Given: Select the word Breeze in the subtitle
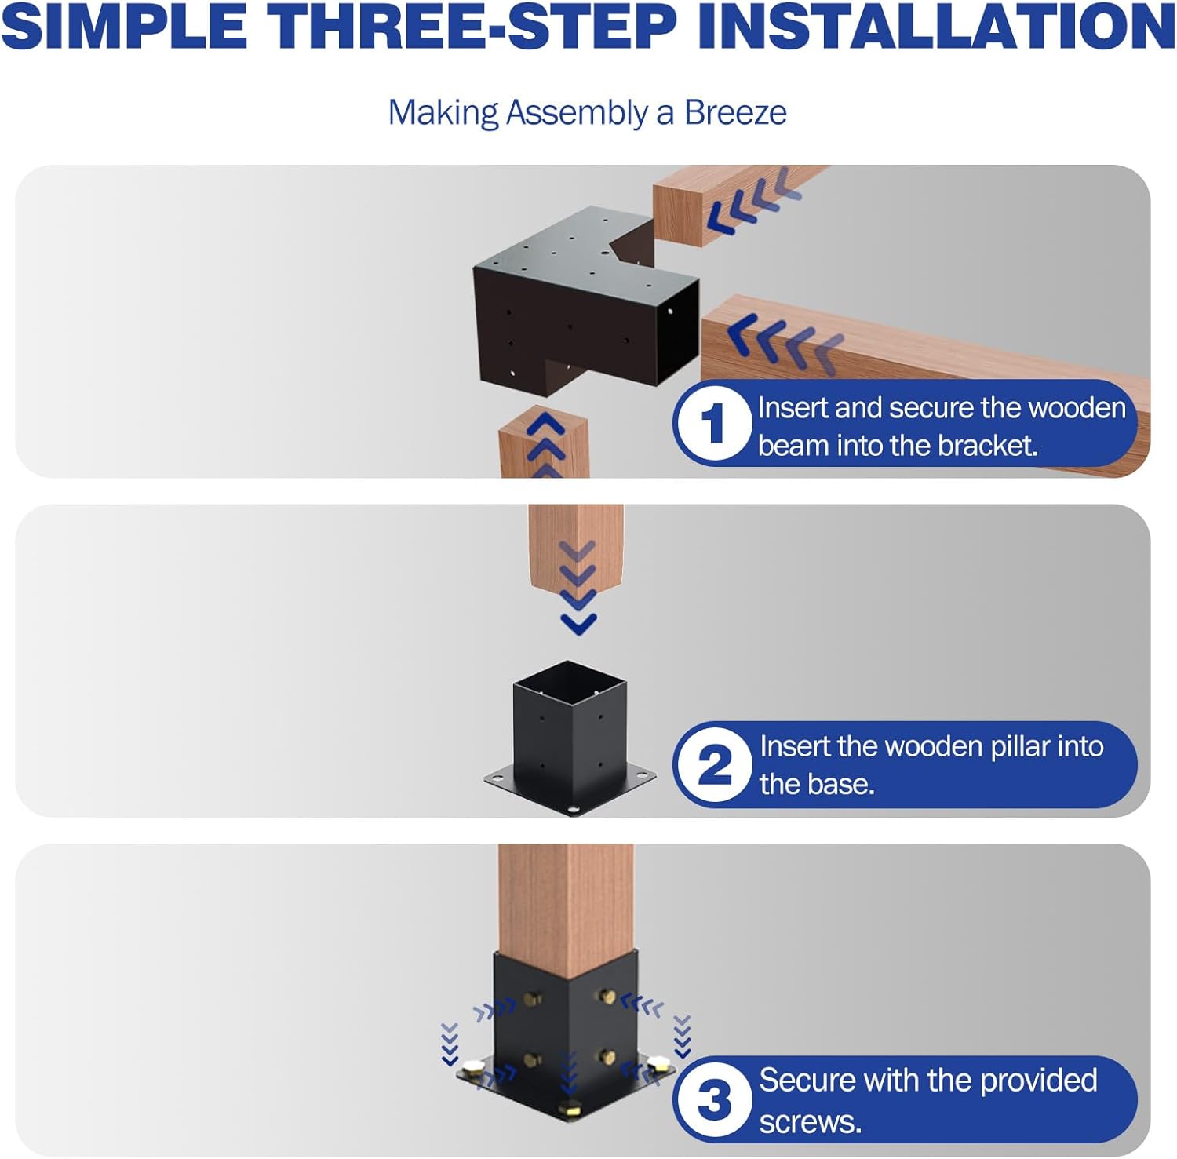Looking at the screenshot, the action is pos(735,113).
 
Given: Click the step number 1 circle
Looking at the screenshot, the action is pos(712,425).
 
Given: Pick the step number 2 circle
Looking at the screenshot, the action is pos(713,765).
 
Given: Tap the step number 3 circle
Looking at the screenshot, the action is pos(713,1099).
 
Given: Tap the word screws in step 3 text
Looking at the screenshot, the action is pos(810,1122).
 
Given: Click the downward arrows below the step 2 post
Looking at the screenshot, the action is pos(579,589).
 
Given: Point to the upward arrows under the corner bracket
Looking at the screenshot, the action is pos(546,443).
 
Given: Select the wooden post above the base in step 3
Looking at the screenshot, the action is pos(565,902).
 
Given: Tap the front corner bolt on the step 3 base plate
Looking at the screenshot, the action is pos(567,1110).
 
